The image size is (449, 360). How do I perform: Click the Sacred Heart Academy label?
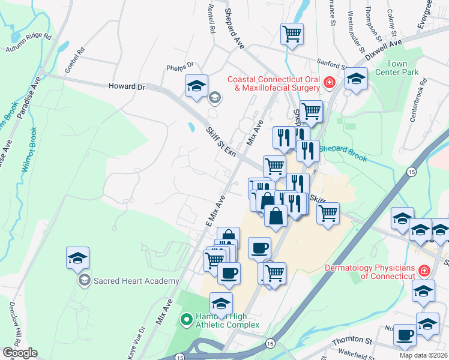pos(136,281)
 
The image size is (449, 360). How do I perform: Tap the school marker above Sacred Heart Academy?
pos(78,258)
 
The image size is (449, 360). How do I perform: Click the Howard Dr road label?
pos(127,87)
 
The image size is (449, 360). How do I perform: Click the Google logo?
pos(20,353)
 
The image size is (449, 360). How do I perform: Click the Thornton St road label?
pos(352,342)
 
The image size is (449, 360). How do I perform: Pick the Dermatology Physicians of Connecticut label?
pos(369,272)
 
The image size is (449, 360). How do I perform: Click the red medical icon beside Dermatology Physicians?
pos(424,272)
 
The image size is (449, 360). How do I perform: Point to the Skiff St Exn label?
pos(220,142)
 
